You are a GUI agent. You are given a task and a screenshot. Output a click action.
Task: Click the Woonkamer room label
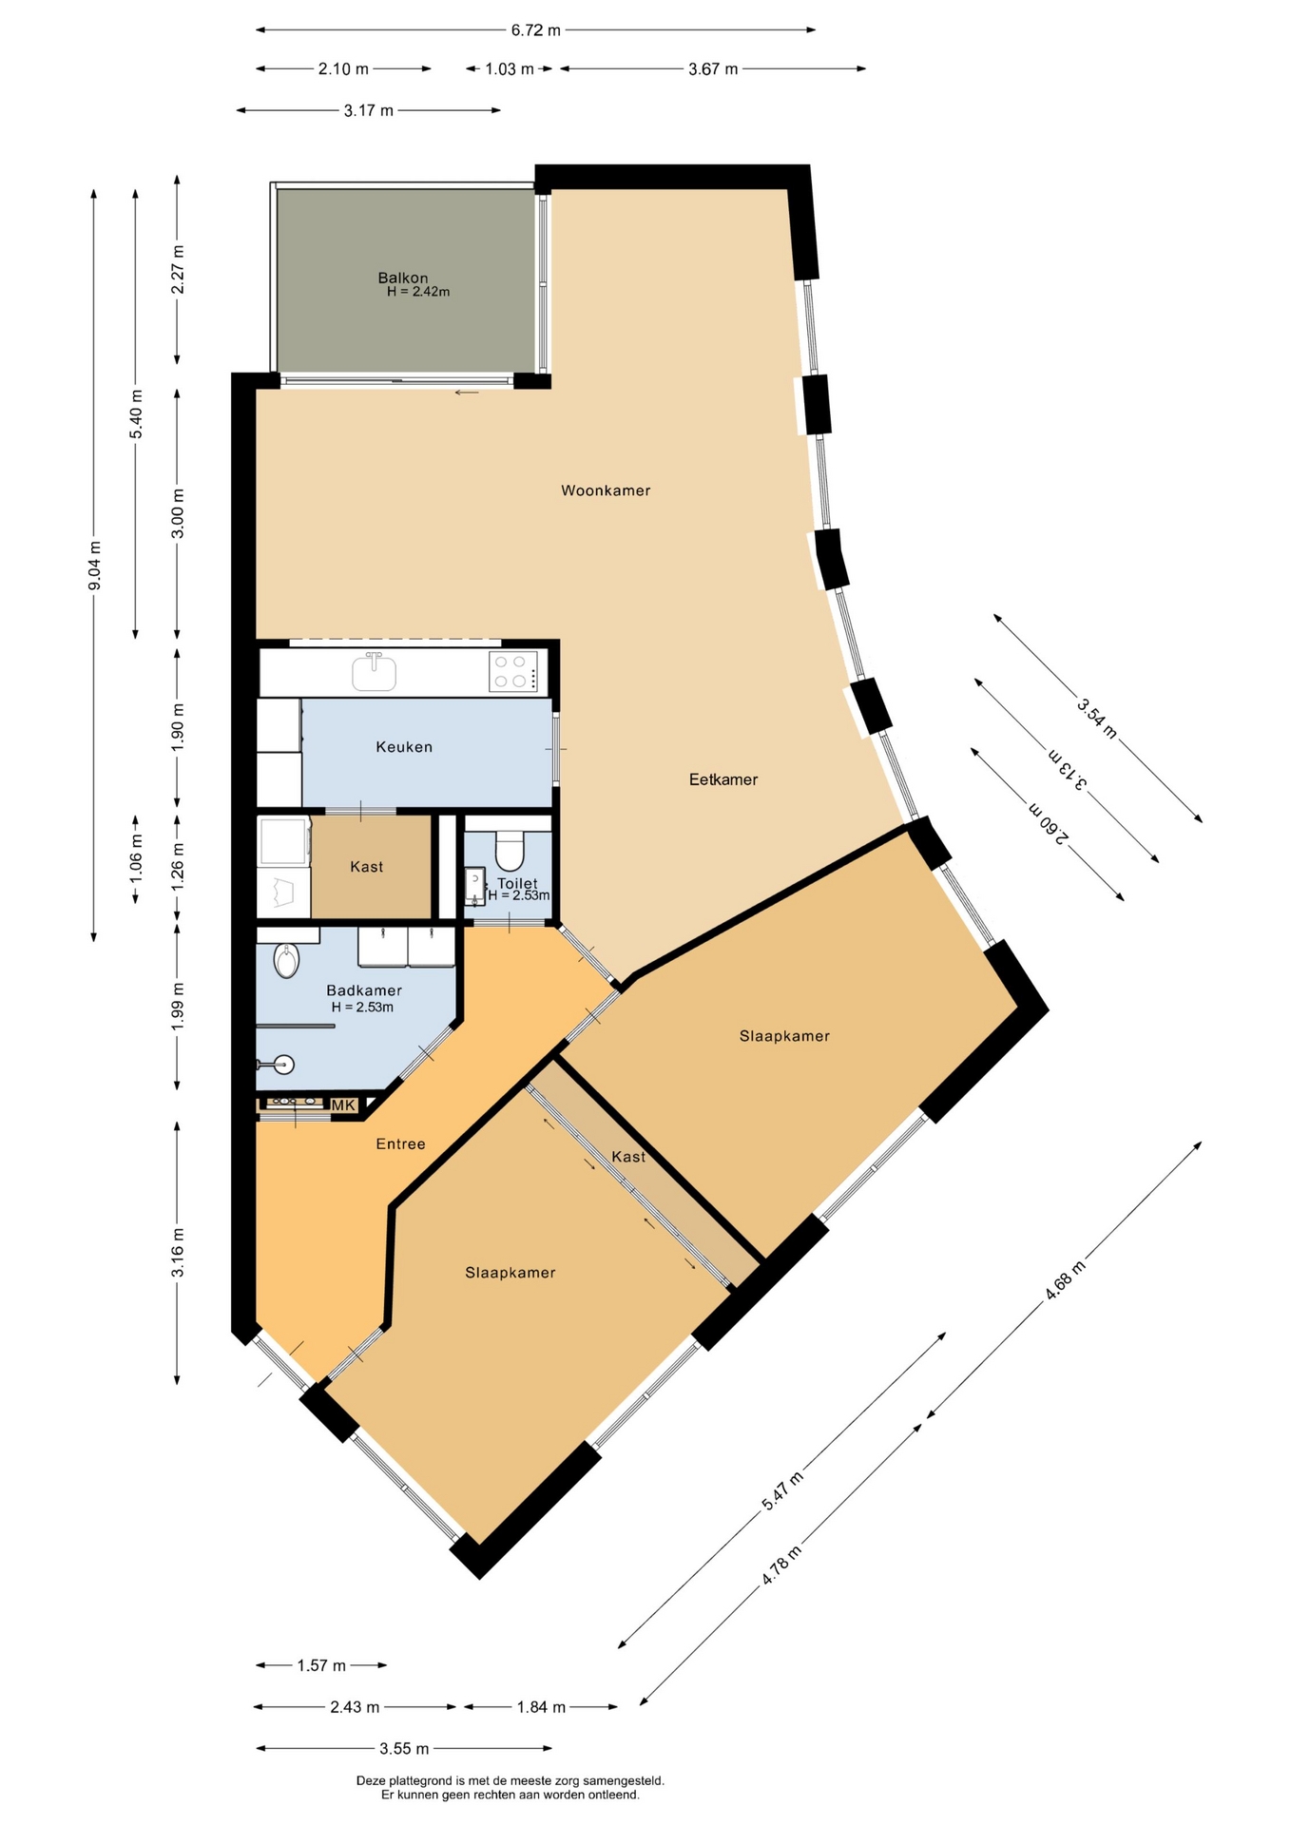[x=606, y=490]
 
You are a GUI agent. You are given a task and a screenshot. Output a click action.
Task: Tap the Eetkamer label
[x=723, y=779]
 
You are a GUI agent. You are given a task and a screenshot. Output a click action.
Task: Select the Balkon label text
[x=403, y=278]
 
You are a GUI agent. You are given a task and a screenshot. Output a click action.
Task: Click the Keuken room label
[x=404, y=747]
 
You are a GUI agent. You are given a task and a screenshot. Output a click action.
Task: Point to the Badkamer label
[x=364, y=990]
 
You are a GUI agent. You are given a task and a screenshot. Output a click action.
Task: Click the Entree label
[x=400, y=1143]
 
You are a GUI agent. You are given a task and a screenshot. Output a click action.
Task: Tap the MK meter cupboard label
[x=343, y=1105]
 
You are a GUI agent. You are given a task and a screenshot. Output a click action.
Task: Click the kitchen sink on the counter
[x=375, y=672]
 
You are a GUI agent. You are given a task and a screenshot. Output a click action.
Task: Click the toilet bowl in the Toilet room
[x=510, y=852]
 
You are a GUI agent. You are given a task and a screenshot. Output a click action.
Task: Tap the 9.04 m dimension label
[x=94, y=566]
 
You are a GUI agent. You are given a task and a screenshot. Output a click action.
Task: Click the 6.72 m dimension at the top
[x=536, y=30]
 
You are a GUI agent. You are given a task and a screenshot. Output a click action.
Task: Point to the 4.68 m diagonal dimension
[x=1065, y=1280]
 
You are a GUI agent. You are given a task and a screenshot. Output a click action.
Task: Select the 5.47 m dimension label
[x=782, y=1490]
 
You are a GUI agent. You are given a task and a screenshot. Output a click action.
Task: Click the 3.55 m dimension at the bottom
[x=404, y=1748]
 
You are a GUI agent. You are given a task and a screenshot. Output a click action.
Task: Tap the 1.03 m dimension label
[x=510, y=68]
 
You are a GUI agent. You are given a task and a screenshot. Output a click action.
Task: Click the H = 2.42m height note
[x=418, y=292]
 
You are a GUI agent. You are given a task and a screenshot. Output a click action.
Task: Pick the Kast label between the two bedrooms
[x=628, y=1157]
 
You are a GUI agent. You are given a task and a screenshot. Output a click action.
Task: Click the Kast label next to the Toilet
[x=366, y=867]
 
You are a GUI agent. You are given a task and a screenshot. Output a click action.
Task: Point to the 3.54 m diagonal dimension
[x=1097, y=718]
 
